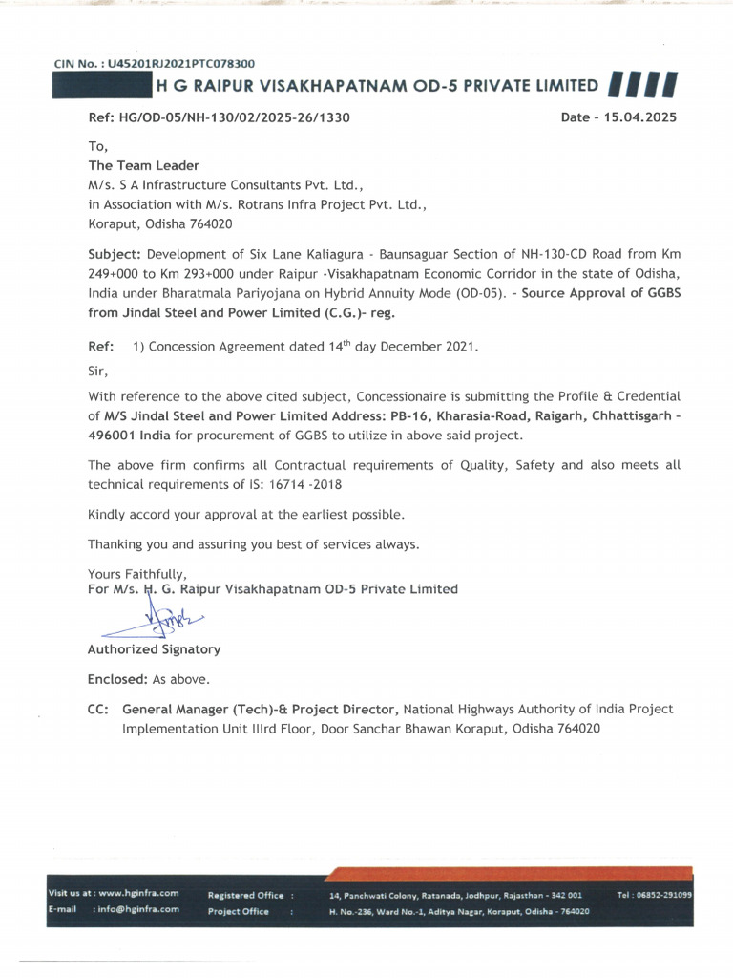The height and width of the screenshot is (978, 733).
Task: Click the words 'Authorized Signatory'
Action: (x=154, y=649)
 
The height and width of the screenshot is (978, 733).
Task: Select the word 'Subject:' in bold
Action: (x=115, y=255)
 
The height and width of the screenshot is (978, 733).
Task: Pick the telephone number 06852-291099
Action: (x=665, y=895)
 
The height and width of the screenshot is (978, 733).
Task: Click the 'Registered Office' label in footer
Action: (x=245, y=895)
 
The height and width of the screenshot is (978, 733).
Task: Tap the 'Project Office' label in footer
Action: (x=239, y=911)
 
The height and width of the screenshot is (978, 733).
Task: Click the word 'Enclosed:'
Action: (x=117, y=680)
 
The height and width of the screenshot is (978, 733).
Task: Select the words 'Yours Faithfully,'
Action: (x=130, y=574)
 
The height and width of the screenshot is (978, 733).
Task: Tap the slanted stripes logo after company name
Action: (x=641, y=87)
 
